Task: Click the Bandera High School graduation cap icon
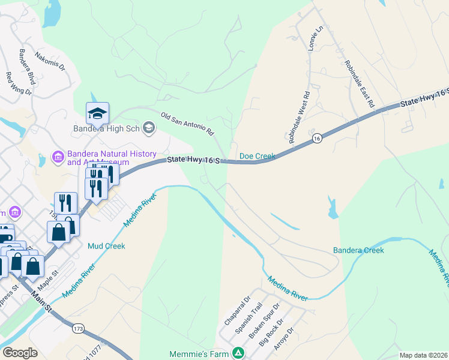(x=97, y=113)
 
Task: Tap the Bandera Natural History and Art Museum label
(x=98, y=158)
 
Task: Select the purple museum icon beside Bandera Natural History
(x=58, y=158)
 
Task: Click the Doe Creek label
(x=257, y=156)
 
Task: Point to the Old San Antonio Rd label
(x=187, y=122)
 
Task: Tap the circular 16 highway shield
(x=316, y=139)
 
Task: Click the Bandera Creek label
(x=358, y=250)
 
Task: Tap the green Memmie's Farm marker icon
(x=238, y=353)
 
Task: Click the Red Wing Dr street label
(x=18, y=84)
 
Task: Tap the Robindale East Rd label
(x=360, y=84)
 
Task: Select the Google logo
(x=20, y=353)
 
